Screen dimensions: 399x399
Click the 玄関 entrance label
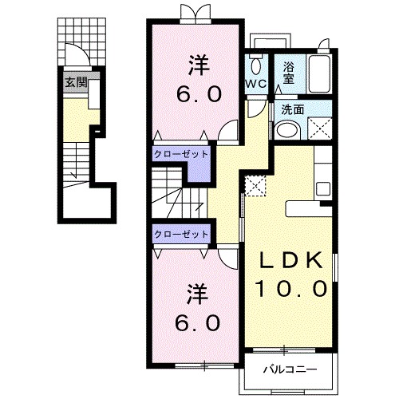tap(77, 82)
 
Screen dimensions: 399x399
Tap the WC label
tap(256, 84)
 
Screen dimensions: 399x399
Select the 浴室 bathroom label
tap(289, 73)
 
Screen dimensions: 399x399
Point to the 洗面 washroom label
tap(293, 109)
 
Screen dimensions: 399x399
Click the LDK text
tap(290, 260)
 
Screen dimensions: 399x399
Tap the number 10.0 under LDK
tap(290, 288)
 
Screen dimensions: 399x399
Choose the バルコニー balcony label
tap(290, 369)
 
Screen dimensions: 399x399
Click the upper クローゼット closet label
tap(181, 154)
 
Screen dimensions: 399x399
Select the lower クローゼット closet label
tap(181, 234)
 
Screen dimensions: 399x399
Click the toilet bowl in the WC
tap(256, 65)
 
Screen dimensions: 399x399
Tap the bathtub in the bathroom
tap(320, 73)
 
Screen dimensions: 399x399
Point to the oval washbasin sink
tap(288, 131)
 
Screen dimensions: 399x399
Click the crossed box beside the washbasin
tap(320, 128)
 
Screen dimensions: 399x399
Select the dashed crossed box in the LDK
tap(255, 186)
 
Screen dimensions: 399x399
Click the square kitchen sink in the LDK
tap(323, 189)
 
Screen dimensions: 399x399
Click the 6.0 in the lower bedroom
tap(198, 322)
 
